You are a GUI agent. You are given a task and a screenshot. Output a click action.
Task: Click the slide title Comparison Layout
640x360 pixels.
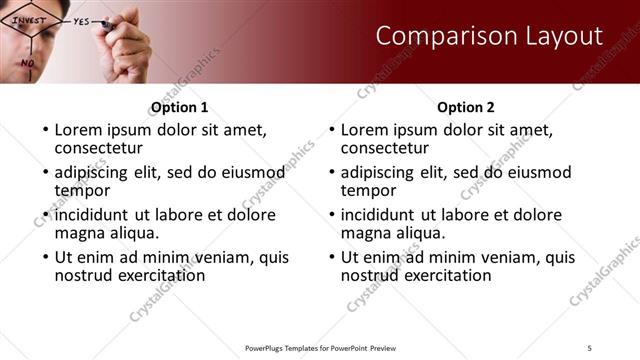(489, 37)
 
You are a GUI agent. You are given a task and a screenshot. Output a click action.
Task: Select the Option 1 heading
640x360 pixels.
(179, 107)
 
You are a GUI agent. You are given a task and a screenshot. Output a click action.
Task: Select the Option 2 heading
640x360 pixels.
(466, 107)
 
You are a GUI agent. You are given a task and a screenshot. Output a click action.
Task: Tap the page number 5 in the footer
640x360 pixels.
(590, 347)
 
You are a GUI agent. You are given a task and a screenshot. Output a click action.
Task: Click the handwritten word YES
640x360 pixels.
(82, 20)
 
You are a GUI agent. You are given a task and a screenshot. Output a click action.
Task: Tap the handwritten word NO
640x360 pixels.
(28, 62)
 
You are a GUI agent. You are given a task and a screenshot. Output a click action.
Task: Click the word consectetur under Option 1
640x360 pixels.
(101, 148)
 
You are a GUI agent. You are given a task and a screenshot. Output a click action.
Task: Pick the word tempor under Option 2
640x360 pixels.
(369, 190)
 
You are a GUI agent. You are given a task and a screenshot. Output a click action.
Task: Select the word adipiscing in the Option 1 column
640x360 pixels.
(97, 171)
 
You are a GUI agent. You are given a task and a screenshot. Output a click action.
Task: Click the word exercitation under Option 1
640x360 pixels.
(156, 274)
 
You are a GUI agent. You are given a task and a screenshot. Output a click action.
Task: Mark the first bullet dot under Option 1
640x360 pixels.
(43, 130)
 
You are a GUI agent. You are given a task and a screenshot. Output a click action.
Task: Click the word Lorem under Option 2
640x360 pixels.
(365, 129)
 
